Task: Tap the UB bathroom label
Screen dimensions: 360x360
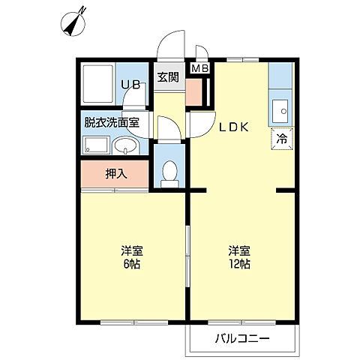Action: point(132,85)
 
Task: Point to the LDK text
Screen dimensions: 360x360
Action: point(233,127)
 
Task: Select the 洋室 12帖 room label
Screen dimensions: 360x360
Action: point(239,257)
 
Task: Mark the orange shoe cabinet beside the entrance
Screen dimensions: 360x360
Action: point(193,91)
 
